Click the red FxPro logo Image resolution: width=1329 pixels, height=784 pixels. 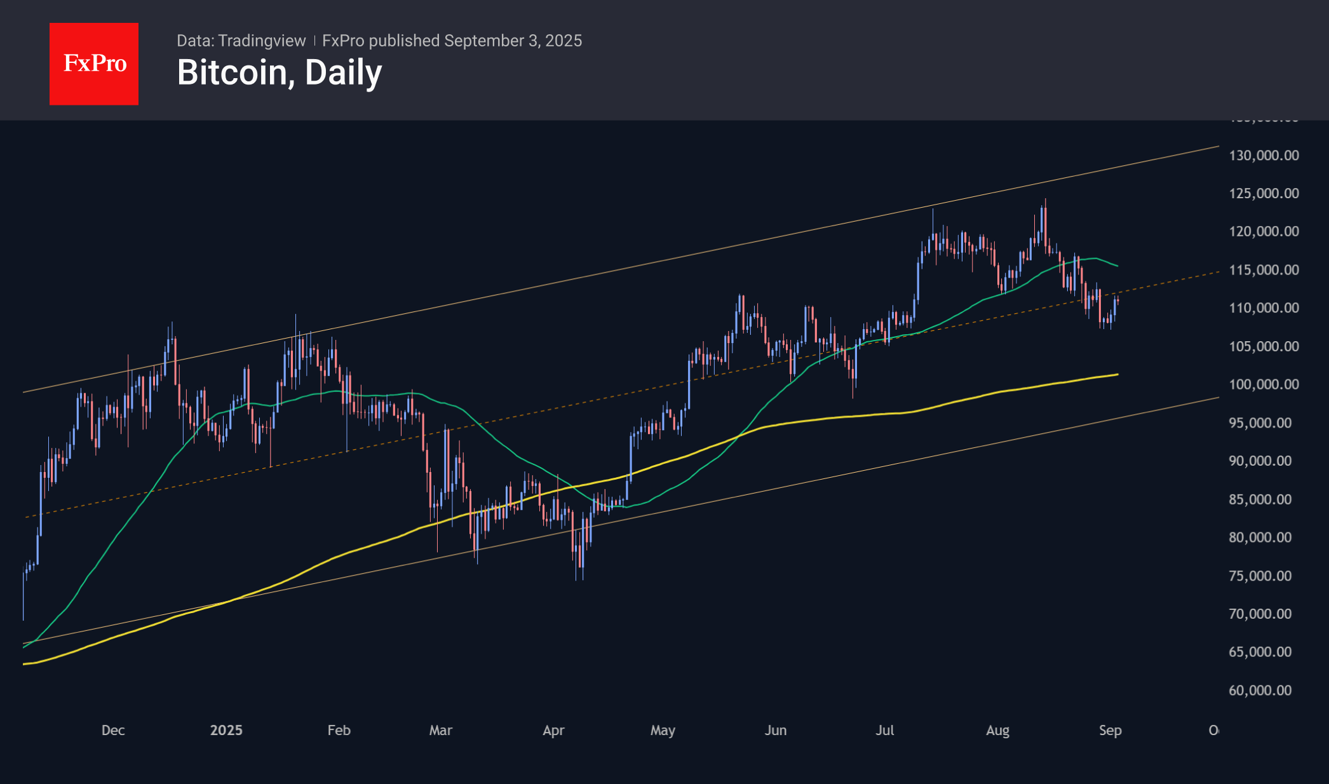[94, 64]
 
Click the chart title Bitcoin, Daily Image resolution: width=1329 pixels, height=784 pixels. [280, 73]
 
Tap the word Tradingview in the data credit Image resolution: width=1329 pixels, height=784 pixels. [262, 41]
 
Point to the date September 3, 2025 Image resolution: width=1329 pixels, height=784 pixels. [513, 41]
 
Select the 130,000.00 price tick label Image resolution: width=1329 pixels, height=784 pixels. [1264, 156]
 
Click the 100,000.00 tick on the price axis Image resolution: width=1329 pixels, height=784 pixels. [1264, 384]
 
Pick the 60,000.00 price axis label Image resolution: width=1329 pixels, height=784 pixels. [1260, 691]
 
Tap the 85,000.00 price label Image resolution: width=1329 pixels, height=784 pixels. [1260, 499]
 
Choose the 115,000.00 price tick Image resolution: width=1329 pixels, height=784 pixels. [1264, 270]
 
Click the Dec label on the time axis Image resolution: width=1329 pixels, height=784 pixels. [113, 731]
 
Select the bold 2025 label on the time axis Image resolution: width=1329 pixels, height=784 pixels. [226, 731]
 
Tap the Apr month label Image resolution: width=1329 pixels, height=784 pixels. [553, 731]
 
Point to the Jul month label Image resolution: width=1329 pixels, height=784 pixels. [884, 731]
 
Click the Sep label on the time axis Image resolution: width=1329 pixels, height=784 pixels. [1110, 731]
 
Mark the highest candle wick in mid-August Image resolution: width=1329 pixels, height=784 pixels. [1045, 200]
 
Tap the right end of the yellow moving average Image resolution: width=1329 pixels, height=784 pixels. [1117, 374]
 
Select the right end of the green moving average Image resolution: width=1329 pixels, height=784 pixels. [1117, 266]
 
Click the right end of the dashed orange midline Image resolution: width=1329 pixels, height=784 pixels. [1218, 272]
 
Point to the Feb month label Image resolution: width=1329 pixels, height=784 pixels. [339, 731]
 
